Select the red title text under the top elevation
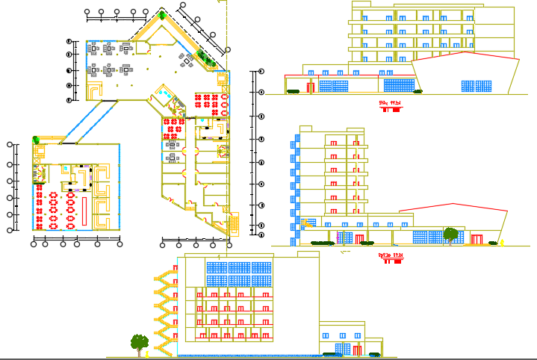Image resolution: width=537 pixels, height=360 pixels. tap(390, 103)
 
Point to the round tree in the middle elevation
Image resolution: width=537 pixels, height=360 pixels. tap(450, 234)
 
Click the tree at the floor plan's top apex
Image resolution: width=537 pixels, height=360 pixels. tap(163, 13)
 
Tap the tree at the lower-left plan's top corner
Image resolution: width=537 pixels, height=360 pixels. tap(35, 139)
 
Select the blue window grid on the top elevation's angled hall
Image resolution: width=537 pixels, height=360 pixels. tap(474, 86)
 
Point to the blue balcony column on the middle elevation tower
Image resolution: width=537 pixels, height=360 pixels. tap(297, 187)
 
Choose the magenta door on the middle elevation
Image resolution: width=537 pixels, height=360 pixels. tap(338, 238)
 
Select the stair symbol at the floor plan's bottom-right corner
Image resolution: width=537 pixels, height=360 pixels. tap(233, 223)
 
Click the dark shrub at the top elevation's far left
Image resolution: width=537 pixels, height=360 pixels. tap(292, 91)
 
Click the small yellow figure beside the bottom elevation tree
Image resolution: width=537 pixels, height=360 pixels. tap(146, 349)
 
